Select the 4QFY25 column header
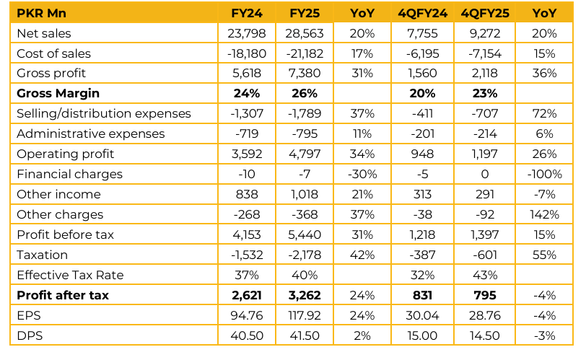coord(484,13)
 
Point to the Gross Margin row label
coord(58,93)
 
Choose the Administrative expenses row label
coord(90,133)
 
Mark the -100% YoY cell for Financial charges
coord(543,174)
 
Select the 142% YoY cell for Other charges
coord(543,214)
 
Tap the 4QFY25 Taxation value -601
coord(484,255)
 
